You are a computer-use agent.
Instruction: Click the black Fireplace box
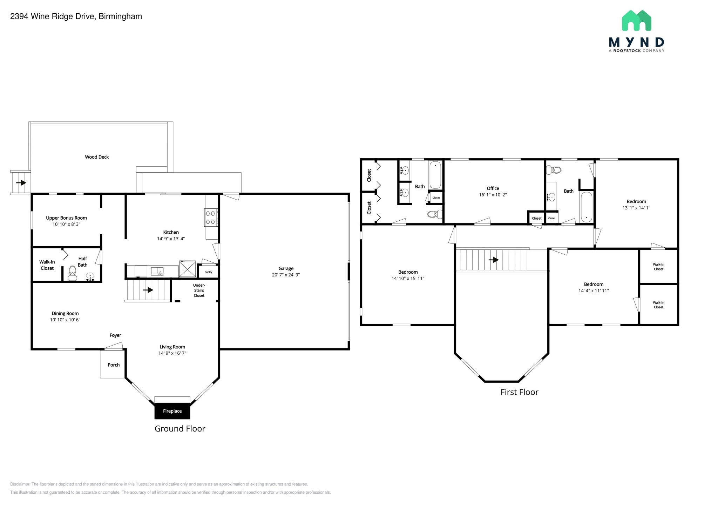click(172, 411)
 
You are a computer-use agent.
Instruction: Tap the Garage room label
click(286, 268)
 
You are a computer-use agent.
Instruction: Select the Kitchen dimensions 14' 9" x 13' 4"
click(171, 239)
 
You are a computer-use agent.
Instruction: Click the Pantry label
click(208, 272)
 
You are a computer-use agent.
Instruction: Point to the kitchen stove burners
click(210, 218)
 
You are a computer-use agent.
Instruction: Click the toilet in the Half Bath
click(73, 273)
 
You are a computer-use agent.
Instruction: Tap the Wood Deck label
click(97, 157)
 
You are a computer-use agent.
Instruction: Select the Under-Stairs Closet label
click(199, 290)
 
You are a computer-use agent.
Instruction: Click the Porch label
click(114, 365)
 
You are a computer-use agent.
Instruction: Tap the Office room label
click(493, 188)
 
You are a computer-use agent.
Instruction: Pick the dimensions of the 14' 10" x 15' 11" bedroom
click(408, 278)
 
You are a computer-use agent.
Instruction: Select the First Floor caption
click(519, 392)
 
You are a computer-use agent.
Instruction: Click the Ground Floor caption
click(180, 428)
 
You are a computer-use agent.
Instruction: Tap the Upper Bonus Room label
click(66, 218)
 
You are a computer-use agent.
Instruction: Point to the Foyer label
click(115, 335)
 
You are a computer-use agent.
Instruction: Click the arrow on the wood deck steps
click(21, 182)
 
